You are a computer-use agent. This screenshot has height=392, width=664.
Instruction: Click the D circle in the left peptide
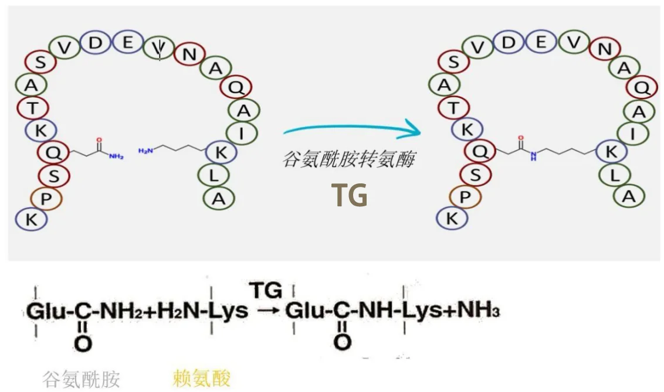tap(96, 43)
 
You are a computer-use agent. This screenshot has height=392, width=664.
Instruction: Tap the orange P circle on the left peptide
tap(46, 199)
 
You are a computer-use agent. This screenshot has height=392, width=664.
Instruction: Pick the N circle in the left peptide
tap(189, 54)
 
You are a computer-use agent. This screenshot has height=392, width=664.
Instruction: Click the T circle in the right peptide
tap(454, 107)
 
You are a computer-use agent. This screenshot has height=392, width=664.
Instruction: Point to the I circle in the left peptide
tap(241, 134)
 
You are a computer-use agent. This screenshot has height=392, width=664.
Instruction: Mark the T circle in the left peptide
tap(32, 107)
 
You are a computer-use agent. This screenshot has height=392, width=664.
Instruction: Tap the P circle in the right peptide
tap(465, 197)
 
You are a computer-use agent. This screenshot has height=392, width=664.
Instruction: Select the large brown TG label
tap(350, 196)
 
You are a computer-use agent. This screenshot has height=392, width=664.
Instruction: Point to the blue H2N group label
tap(145, 151)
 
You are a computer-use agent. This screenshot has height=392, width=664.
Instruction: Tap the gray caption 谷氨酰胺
tap(82, 379)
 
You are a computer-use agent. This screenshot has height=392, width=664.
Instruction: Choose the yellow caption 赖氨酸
tap(201, 378)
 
